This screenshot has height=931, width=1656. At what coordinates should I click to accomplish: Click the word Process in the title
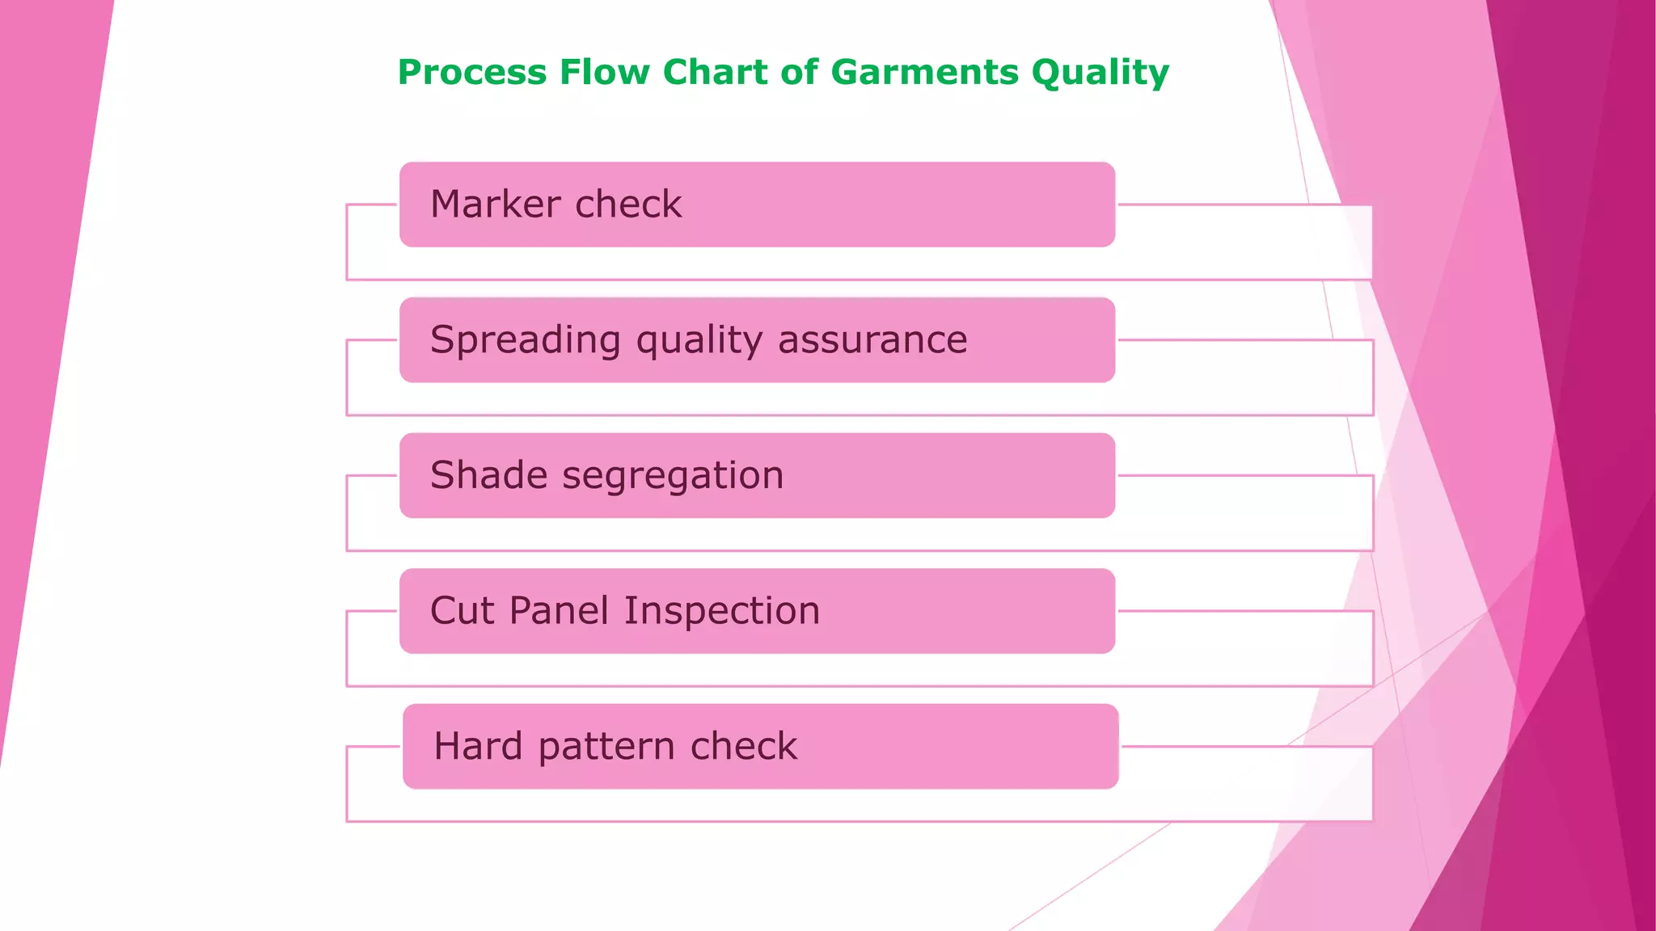click(472, 73)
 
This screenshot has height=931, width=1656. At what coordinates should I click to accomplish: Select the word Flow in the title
click(605, 73)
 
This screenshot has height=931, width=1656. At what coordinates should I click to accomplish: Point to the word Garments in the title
click(924, 73)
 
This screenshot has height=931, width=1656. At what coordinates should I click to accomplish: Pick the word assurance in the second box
click(872, 340)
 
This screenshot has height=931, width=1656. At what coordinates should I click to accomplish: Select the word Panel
click(558, 610)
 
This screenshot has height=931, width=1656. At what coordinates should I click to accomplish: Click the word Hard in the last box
click(478, 746)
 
